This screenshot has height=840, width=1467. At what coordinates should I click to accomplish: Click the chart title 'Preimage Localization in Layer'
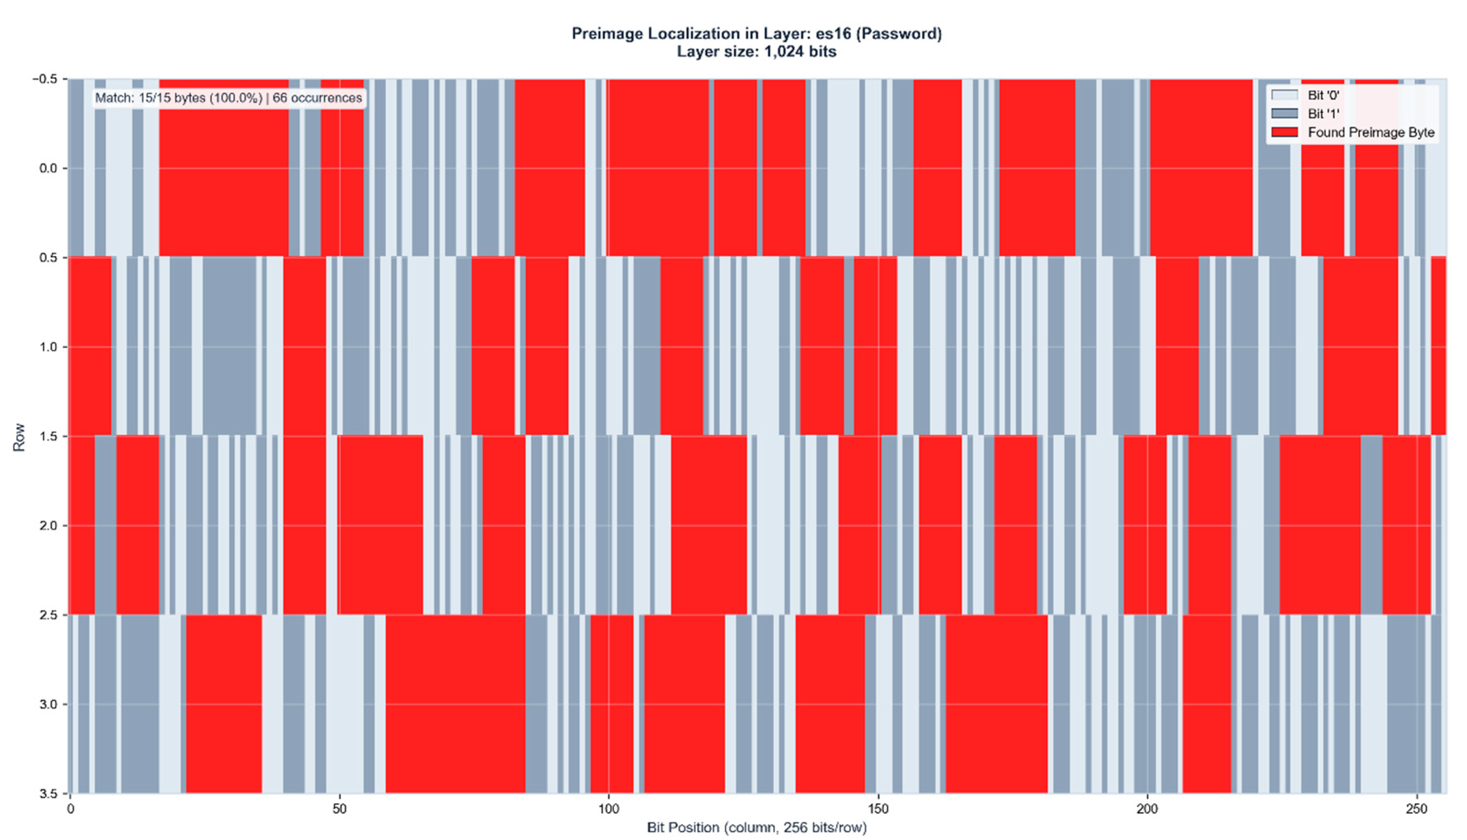(x=756, y=34)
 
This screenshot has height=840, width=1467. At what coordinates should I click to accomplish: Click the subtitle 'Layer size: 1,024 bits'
(x=756, y=52)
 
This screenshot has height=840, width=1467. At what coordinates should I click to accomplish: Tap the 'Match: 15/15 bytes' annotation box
(x=229, y=98)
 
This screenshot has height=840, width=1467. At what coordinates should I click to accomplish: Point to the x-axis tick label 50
(x=339, y=809)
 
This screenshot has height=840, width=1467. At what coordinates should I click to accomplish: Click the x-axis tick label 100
(x=609, y=809)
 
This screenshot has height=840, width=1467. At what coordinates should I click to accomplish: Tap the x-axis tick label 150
(x=878, y=809)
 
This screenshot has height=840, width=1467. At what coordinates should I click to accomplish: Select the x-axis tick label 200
(x=1147, y=809)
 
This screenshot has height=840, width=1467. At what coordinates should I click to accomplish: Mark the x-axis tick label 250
(x=1416, y=809)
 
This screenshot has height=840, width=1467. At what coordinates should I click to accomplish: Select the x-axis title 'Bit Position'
(x=756, y=827)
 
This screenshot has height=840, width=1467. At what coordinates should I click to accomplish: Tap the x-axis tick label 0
(x=70, y=809)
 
